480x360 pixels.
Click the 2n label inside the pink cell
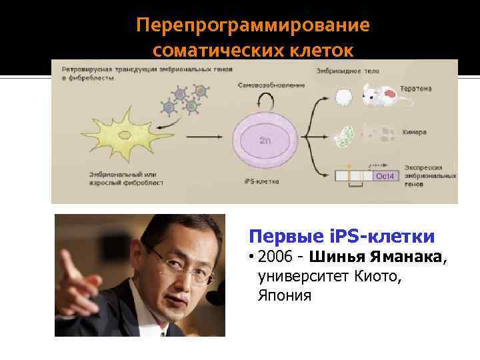pos(265,141)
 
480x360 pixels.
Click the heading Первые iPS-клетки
pos(341,236)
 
